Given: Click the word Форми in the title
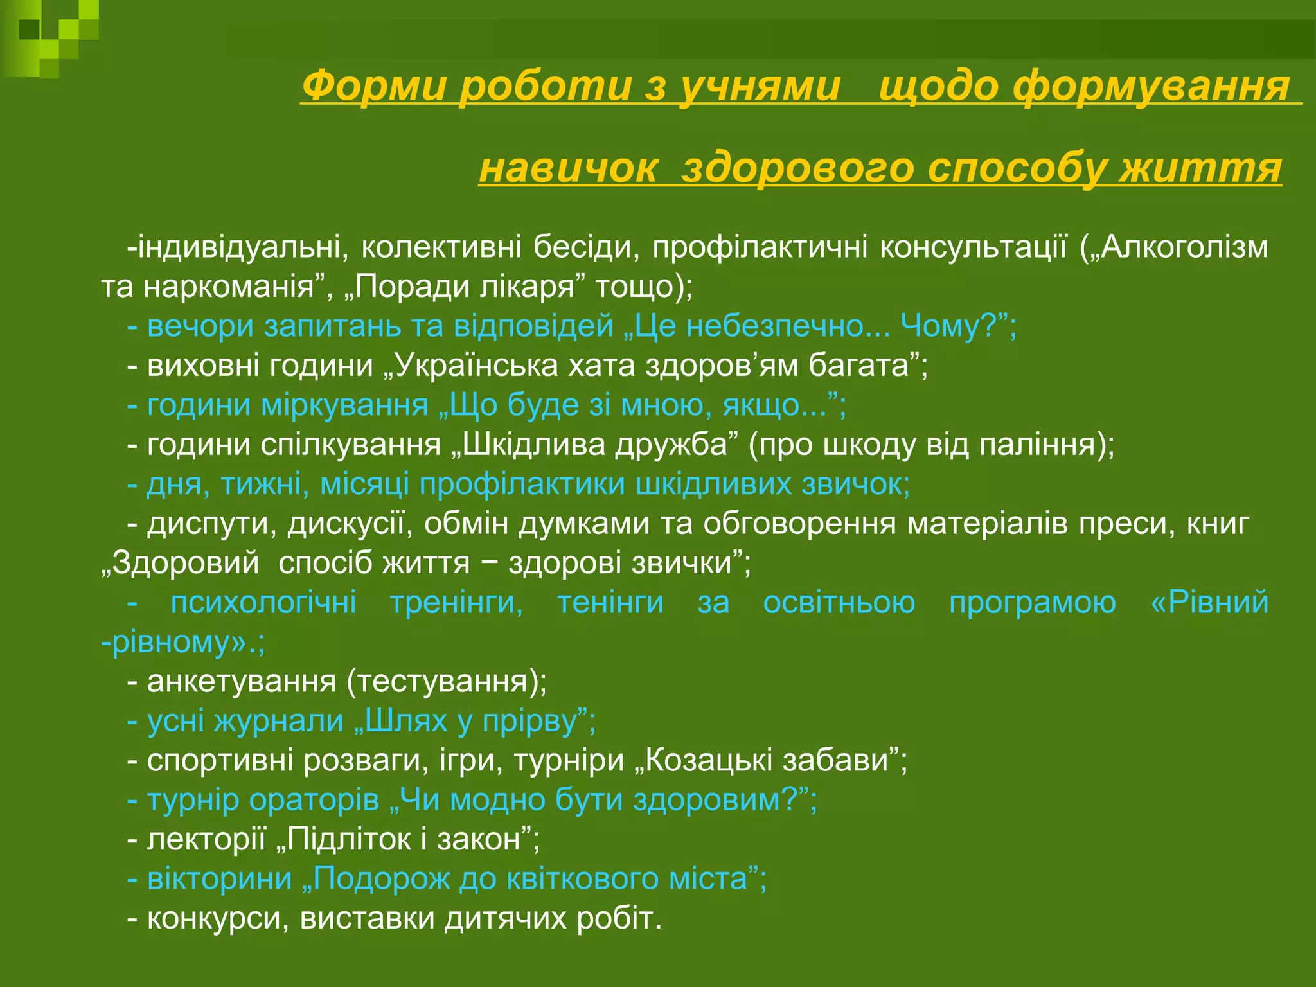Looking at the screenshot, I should click(373, 86).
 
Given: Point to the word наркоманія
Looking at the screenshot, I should click(228, 287).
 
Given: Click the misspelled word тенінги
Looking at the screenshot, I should click(610, 603).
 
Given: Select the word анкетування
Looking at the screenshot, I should click(241, 682).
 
